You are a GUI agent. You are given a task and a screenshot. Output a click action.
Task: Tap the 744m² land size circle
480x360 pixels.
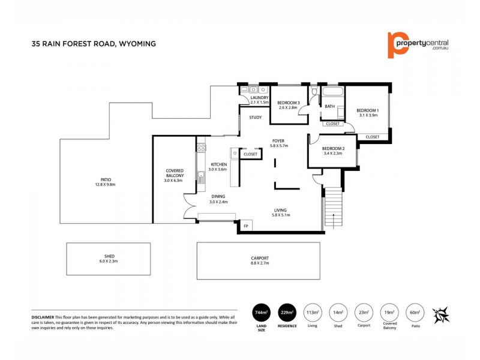[261, 313]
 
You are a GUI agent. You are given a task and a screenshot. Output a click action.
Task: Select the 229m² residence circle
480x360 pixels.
[287, 313]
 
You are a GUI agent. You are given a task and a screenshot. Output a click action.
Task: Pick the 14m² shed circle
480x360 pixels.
[338, 313]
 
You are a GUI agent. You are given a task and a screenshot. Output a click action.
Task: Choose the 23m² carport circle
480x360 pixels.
[364, 313]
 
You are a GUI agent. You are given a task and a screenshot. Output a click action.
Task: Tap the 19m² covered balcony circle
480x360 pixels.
[389, 313]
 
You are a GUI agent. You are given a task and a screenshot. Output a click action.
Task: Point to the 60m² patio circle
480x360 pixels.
[415, 313]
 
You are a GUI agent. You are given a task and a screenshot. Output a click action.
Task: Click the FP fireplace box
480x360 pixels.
[246, 226]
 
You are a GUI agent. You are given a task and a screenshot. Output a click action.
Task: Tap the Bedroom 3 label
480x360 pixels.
[288, 103]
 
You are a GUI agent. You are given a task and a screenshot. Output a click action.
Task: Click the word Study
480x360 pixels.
[255, 117]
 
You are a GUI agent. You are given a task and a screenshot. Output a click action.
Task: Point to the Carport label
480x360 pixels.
[260, 258]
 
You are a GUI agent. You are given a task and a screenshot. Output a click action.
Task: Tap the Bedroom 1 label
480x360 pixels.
[367, 110]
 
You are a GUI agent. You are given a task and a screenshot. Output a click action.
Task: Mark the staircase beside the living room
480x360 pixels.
[332, 208]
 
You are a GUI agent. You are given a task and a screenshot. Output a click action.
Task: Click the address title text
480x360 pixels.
[94, 43]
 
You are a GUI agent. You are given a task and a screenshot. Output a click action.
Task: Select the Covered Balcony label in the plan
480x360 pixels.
[175, 173]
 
